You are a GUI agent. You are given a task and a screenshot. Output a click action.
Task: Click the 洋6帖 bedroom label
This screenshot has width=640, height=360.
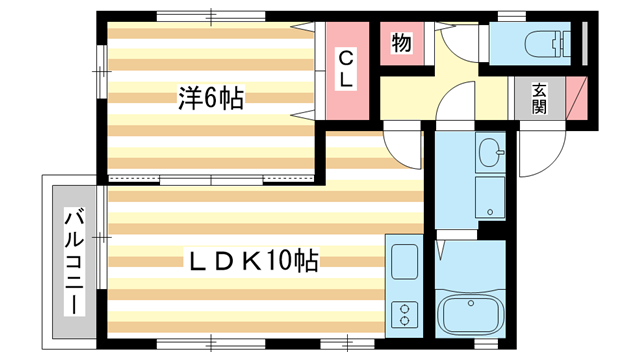click(x=212, y=98)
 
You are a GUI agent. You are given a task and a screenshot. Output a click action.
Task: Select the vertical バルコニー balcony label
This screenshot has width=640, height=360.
click(x=73, y=257)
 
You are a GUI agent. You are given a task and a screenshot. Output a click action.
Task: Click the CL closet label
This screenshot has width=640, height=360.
click(x=344, y=68)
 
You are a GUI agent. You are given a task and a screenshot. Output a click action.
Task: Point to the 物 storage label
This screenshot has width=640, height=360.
click(x=401, y=44)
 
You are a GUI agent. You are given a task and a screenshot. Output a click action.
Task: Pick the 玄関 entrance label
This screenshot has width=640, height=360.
click(x=539, y=98)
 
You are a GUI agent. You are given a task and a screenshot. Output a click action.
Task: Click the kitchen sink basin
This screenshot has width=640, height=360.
click(x=406, y=263)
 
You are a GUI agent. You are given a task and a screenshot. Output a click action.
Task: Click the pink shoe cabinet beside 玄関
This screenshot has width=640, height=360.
click(x=576, y=98)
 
